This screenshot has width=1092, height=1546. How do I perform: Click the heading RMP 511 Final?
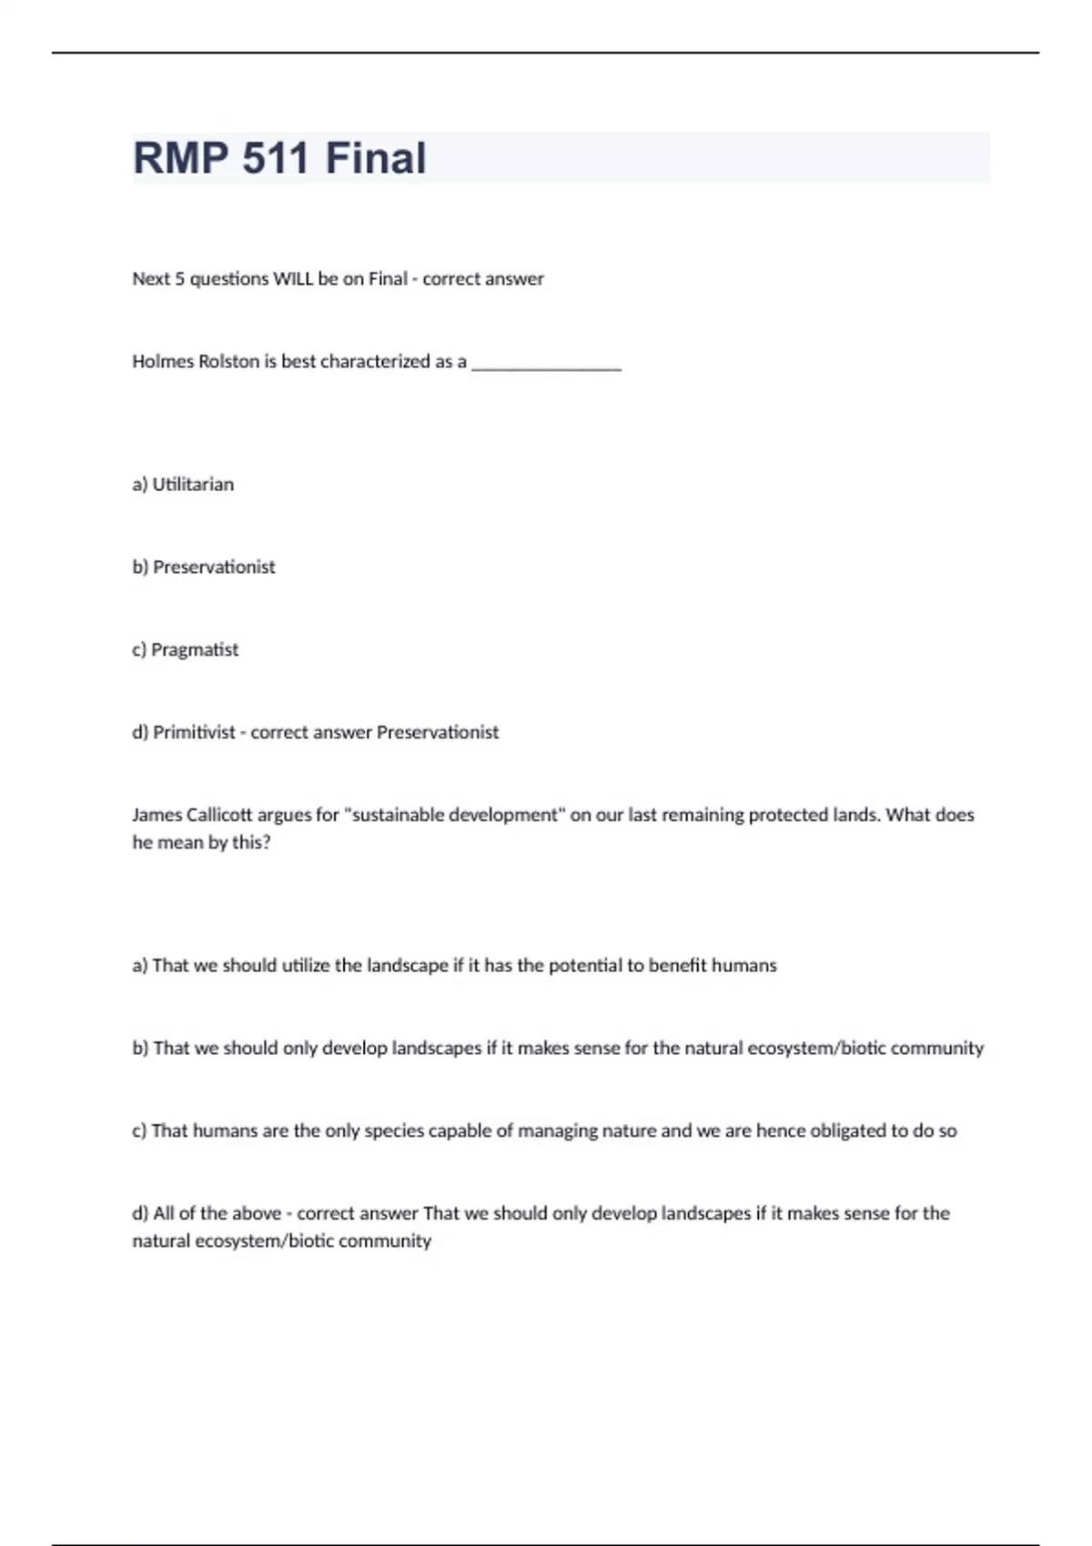(x=279, y=157)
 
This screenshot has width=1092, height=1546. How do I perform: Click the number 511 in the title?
(x=276, y=157)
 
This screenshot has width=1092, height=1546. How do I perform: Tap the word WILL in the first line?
(x=293, y=278)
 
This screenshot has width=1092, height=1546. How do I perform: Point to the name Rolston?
(x=228, y=361)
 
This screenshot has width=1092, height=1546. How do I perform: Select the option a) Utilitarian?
(x=183, y=484)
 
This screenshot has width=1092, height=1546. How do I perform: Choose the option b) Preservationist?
(x=204, y=567)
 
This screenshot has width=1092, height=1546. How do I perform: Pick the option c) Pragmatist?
(x=186, y=649)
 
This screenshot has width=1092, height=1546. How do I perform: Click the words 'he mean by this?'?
(x=201, y=842)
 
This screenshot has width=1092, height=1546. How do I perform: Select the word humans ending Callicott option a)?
(x=743, y=965)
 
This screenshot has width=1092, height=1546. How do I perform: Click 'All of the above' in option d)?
(x=217, y=1213)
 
